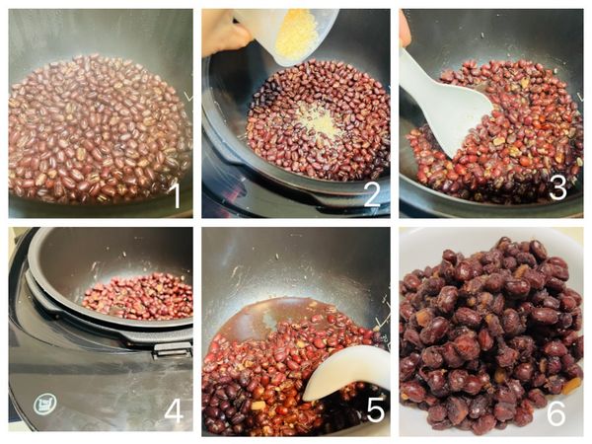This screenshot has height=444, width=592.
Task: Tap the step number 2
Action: click(372, 193)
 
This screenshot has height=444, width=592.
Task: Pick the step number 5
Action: click(376, 410)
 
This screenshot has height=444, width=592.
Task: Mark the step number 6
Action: click(556, 412)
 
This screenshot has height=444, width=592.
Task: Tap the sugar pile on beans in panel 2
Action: click(320, 120)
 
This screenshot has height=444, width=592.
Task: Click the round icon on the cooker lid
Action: click(45, 405)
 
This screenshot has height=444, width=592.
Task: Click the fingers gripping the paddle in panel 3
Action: click(405, 30)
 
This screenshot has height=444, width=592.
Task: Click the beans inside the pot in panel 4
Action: click(138, 296)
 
